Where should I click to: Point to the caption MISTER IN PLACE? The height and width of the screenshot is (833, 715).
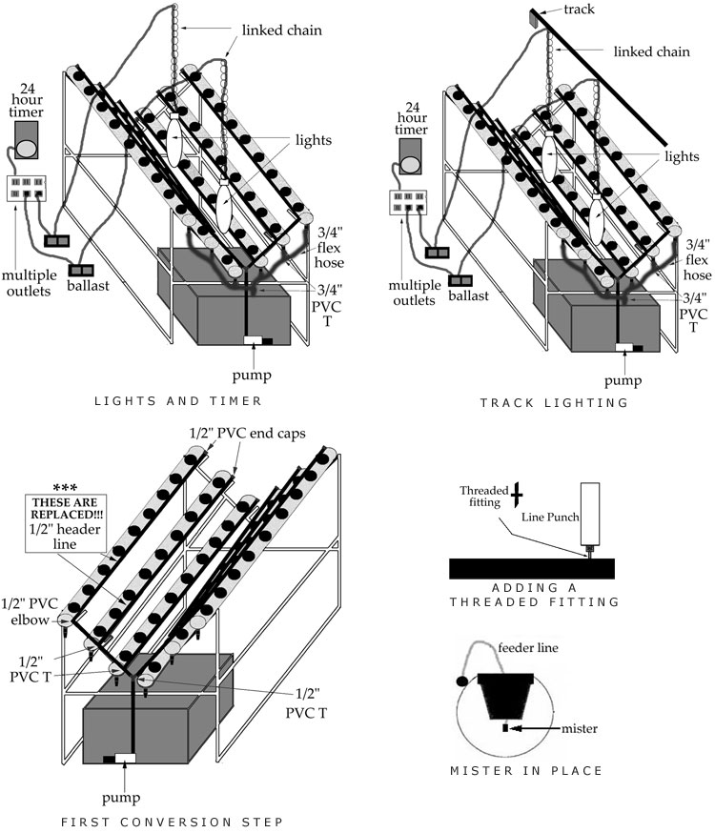526,770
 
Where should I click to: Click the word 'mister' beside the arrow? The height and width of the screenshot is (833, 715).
578,729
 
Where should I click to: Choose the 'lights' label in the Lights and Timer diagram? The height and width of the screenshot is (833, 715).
314,140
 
